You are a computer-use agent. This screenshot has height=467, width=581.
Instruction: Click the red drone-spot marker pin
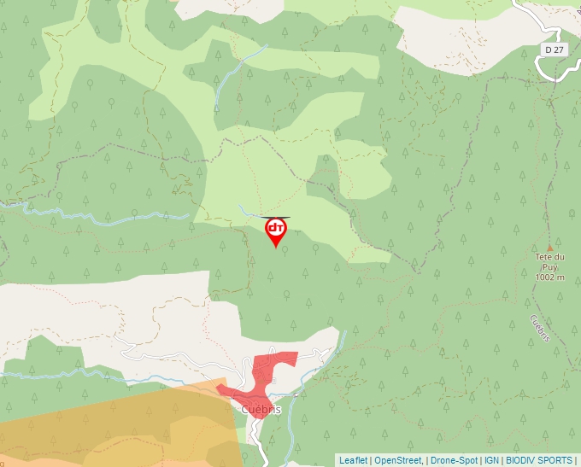tap(276, 231)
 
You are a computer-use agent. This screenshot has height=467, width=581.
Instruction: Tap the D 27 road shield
tap(555, 50)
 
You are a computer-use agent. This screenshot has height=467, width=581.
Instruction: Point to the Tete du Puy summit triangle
tap(549, 248)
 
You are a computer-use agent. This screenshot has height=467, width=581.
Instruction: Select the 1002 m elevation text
tap(549, 277)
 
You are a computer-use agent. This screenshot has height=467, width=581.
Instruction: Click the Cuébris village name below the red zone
tap(261, 410)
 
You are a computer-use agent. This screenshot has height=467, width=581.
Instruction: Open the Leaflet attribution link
tap(353, 460)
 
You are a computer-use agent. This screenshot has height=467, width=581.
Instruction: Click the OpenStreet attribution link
tap(398, 460)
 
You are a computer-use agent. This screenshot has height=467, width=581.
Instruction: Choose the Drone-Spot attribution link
tap(454, 460)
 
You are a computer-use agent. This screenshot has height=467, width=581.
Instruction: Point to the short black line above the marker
tap(275, 217)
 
